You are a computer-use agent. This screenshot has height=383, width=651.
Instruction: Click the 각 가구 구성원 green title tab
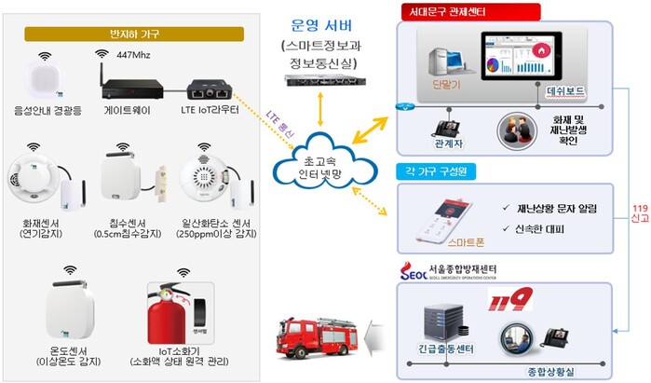click(437, 171)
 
